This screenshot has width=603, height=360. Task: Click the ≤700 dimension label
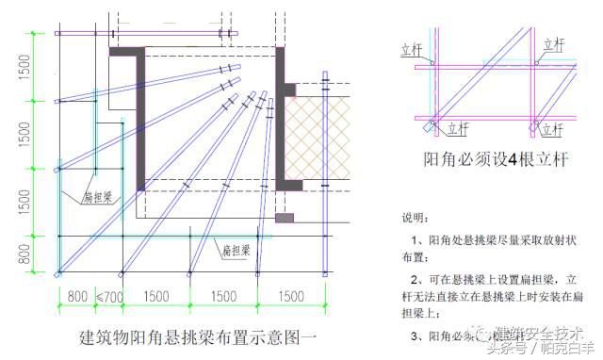(x=109, y=295)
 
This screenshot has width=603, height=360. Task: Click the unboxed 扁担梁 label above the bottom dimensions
(x=235, y=250)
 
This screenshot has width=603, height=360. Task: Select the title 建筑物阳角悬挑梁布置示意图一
(x=197, y=335)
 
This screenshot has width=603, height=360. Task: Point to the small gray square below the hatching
(x=284, y=218)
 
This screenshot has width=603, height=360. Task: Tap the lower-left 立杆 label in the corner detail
(x=459, y=127)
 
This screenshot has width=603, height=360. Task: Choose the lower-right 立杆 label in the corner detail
(x=556, y=126)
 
